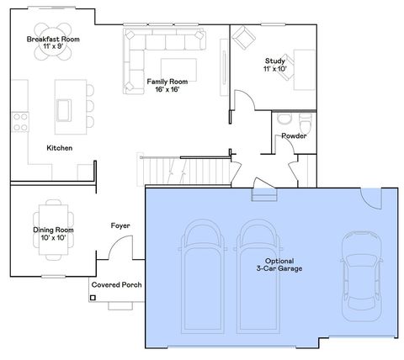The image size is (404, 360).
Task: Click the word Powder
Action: pyautogui.click(x=294, y=135)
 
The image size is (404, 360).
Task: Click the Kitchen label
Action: pyautogui.click(x=59, y=148)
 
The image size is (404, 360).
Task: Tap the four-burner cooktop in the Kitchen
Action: pyautogui.click(x=19, y=122)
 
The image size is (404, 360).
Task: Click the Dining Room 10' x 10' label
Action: pyautogui.click(x=53, y=234)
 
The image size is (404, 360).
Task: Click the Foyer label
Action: pyautogui.click(x=120, y=225)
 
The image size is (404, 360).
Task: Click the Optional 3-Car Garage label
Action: pyautogui.click(x=279, y=264)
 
